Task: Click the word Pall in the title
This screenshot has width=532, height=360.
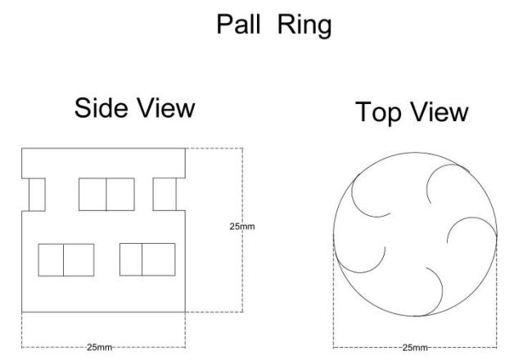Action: [x=238, y=24]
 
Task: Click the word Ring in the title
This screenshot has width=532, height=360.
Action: [x=304, y=26]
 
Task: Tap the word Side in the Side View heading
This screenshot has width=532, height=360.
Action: [x=101, y=107]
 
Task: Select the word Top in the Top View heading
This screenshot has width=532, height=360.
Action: [x=378, y=113]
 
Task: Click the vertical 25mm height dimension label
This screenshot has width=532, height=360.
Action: [x=242, y=227]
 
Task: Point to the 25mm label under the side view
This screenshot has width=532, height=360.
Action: [x=99, y=348]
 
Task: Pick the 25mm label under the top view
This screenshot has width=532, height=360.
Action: [x=415, y=348]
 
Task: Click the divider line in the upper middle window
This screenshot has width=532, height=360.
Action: [x=106, y=195]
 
